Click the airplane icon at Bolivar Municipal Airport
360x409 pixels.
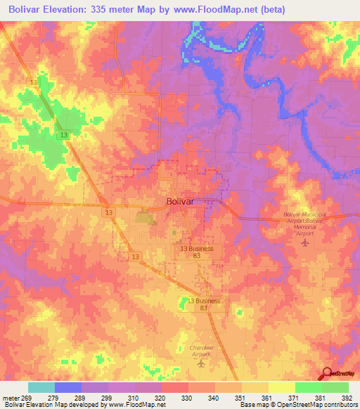pyautogui.click(x=304, y=243)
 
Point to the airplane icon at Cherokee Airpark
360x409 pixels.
pyautogui.click(x=202, y=363)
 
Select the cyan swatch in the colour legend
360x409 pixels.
pyautogui.click(x=41, y=387)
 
